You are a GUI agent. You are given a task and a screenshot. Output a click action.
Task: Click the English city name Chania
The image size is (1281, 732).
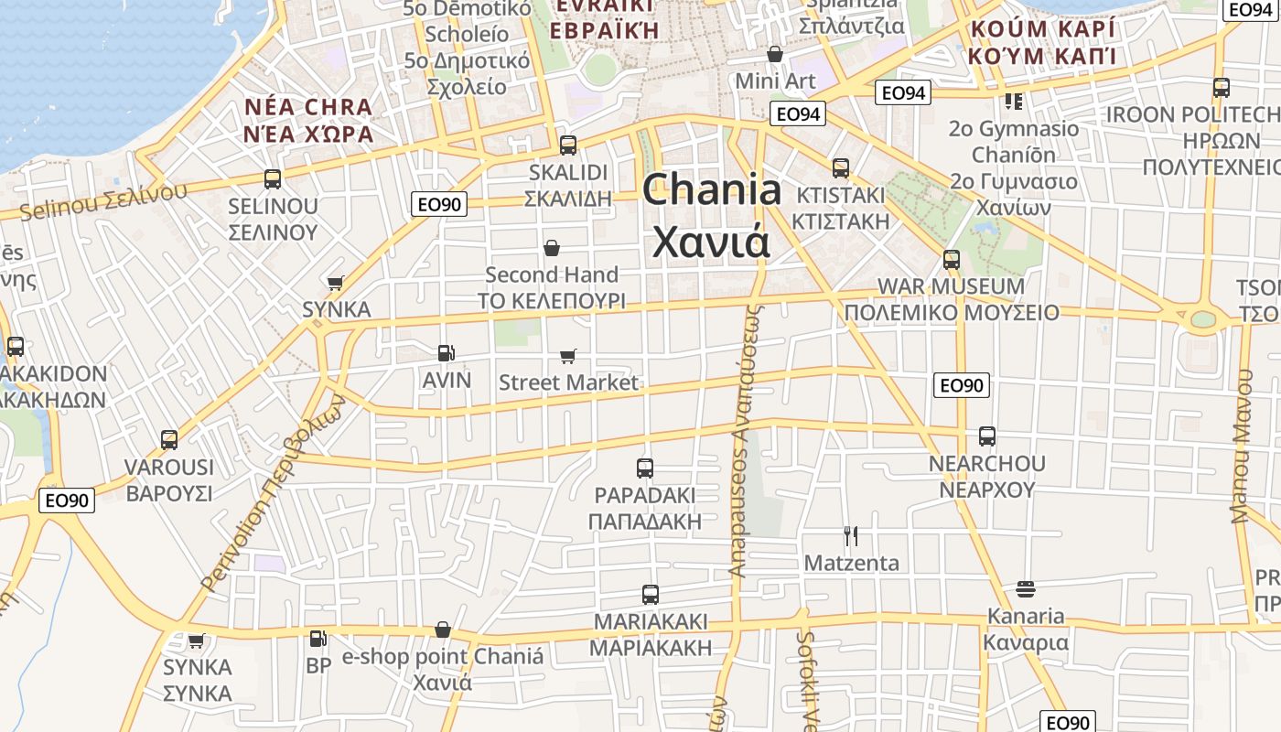point(712,190)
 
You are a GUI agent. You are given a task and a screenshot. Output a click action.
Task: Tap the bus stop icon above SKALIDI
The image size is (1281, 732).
point(567,145)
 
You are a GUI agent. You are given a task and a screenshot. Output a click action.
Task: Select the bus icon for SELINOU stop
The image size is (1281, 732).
point(273,179)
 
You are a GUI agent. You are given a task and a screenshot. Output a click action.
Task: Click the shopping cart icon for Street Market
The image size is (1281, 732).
point(568,356)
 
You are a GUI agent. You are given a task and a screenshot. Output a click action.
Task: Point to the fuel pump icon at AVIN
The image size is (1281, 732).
point(446,352)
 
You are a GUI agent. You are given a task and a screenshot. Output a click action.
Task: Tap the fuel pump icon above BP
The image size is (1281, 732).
point(318,639)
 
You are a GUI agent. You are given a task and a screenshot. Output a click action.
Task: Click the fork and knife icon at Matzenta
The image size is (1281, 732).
point(851,535)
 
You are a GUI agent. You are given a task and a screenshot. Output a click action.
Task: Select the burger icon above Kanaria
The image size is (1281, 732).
point(1025,588)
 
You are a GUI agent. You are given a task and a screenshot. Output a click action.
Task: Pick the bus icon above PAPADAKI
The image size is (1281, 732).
point(645,468)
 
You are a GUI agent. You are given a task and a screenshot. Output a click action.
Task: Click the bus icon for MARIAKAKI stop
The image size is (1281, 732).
point(651,595)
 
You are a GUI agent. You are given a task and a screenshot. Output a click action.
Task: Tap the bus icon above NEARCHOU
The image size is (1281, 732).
point(986,436)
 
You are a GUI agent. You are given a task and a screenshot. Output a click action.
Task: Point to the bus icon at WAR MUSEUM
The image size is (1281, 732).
point(952,260)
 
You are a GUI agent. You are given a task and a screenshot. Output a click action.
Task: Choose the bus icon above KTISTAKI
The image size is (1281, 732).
point(841,168)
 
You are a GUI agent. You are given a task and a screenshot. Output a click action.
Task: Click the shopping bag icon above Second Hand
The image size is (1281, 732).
point(552,248)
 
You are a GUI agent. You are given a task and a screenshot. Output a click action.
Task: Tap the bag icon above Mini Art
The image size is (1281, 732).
point(775,55)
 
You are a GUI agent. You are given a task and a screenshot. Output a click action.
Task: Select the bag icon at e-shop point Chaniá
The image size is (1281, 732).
point(443,630)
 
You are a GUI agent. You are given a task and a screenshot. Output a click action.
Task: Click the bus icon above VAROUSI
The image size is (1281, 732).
point(169,440)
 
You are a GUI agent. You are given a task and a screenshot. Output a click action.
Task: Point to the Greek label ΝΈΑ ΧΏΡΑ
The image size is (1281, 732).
point(308,134)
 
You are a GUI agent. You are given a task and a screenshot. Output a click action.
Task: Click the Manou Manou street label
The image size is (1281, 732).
point(1241,446)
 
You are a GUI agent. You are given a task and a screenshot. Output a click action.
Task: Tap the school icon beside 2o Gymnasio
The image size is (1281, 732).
point(1013,102)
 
